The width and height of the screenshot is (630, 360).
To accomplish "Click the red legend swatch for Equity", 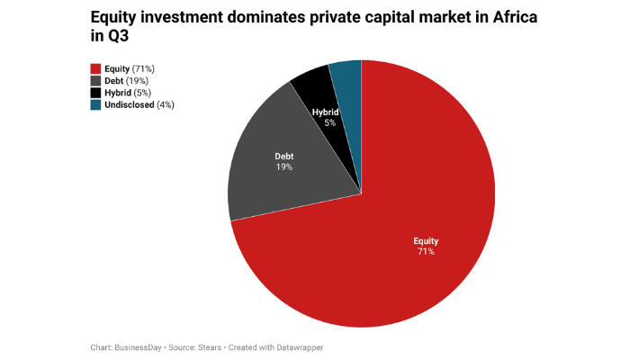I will (94, 68).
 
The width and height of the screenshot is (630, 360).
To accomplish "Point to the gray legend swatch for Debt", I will (94, 81).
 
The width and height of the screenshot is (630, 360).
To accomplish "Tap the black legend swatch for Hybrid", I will (94, 93).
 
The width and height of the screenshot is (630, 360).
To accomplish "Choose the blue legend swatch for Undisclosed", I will (94, 105).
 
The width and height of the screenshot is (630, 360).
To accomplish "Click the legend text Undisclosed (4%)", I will (139, 105).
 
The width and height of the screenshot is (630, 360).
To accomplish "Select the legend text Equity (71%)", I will (130, 68).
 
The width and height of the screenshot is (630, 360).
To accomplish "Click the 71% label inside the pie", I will (425, 252).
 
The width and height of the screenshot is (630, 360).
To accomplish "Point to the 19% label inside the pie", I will (284, 167).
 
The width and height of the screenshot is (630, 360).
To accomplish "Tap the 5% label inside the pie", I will (330, 122).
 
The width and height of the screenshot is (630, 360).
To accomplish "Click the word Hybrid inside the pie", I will (325, 112).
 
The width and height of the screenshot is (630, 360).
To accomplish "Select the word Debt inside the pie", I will (284, 157).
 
